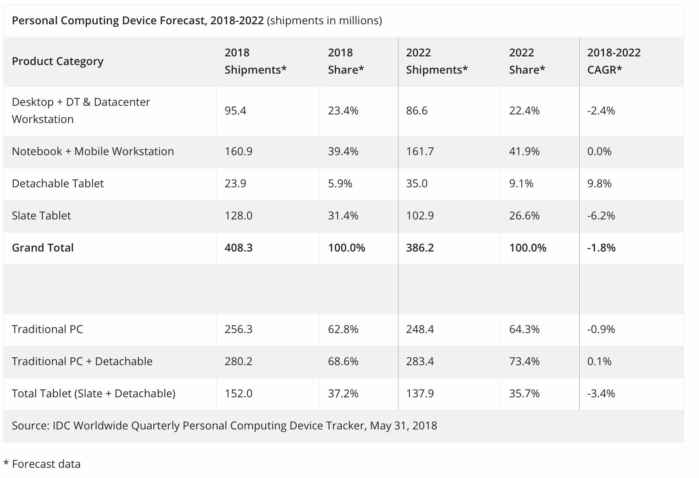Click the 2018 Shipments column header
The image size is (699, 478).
tap(256, 61)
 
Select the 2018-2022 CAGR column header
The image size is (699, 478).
tap(614, 61)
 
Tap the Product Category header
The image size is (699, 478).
tap(58, 61)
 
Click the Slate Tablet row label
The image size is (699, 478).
tap(41, 215)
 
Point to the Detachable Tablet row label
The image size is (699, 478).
tap(58, 183)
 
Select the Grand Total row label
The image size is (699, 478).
tap(43, 248)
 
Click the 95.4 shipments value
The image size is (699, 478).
tap(236, 110)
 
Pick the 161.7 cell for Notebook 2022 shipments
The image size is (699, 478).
tap(420, 151)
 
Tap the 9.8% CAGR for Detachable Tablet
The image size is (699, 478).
tap(599, 183)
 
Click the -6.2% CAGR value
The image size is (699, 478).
tap(601, 215)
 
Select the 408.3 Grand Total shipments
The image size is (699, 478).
tap(239, 248)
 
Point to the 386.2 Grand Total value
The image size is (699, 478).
tap(420, 248)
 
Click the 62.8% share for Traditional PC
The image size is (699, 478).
tap(343, 329)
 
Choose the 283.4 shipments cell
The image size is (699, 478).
tap(420, 361)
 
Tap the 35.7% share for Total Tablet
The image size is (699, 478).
tap(524, 393)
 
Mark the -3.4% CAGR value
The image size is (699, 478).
tap(601, 393)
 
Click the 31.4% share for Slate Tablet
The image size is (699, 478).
tap(343, 215)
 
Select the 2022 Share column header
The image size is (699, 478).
tap(527, 61)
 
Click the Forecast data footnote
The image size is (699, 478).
tap(46, 464)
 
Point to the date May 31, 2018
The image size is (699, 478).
tap(403, 425)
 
